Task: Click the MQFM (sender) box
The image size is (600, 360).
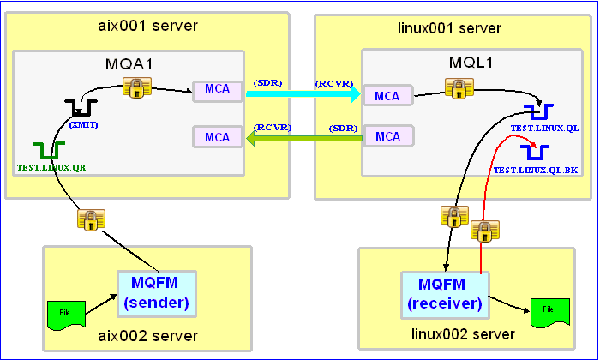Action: click(157, 294)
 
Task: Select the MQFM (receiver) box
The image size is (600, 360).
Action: click(445, 295)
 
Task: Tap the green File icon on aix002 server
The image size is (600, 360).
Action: click(66, 315)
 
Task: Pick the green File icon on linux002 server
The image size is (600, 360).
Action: click(550, 313)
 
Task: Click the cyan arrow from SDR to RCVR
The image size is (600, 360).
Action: click(303, 93)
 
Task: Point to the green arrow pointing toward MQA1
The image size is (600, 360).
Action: click(303, 138)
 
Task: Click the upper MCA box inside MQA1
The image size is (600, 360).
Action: click(218, 92)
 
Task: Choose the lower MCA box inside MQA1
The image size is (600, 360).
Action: click(218, 136)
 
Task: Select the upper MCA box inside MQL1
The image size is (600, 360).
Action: click(387, 95)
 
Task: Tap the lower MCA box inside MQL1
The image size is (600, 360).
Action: click(388, 135)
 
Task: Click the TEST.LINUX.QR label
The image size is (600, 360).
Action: click(51, 167)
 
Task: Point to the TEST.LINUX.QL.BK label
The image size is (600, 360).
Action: click(536, 170)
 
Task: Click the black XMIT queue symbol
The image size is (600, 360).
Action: click(81, 108)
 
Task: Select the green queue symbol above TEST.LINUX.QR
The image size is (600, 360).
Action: click(49, 151)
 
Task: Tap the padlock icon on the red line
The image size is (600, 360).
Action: click(485, 231)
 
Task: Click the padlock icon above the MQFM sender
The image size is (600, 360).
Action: click(91, 219)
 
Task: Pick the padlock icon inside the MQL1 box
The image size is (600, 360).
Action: click(459, 88)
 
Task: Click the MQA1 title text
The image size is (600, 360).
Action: click(129, 64)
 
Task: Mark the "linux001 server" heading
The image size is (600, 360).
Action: click(449, 28)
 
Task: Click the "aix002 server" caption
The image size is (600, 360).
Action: click(147, 335)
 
